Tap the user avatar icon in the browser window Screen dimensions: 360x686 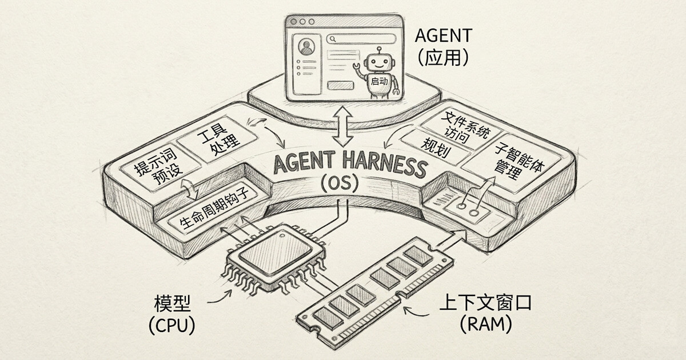click(307, 46)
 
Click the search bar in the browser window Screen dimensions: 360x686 click(361, 39)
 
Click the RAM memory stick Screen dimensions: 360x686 click(377, 291)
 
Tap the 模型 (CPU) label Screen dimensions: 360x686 click(171, 314)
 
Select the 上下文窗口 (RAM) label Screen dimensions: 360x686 click(485, 314)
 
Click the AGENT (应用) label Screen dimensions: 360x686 click(443, 46)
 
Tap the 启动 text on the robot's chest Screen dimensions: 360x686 click(379, 81)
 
